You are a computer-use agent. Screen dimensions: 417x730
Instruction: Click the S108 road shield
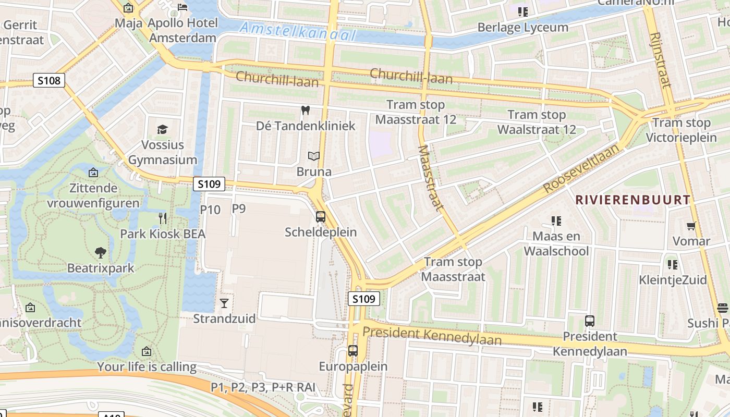point(50,80)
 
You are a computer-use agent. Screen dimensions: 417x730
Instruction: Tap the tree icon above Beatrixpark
point(101,253)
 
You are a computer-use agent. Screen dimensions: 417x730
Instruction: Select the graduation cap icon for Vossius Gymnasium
point(163,129)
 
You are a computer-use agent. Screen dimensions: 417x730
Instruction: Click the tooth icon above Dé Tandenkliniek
point(306,111)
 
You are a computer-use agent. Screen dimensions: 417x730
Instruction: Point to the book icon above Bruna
point(313,156)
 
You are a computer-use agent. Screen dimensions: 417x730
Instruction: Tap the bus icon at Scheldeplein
point(321,216)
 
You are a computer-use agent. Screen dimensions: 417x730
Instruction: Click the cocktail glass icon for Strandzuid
point(224,303)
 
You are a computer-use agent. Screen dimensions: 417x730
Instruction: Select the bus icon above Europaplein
point(353,350)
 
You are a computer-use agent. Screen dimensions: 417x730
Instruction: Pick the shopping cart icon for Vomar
point(691,226)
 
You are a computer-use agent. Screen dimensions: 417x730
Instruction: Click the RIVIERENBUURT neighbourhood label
point(632,200)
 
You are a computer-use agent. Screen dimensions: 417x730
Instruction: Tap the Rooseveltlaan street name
point(581,168)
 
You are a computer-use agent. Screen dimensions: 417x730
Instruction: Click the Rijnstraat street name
point(660,60)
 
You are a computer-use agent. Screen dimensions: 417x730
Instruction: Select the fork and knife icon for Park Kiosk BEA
point(163,218)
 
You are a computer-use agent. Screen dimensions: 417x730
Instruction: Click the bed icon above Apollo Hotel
point(182,7)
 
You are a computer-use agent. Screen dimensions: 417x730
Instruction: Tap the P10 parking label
point(210,210)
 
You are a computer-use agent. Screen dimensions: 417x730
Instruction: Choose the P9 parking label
point(238,208)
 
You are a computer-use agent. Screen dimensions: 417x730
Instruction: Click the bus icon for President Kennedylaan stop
point(590,321)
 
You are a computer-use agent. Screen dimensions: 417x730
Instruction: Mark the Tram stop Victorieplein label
point(682,130)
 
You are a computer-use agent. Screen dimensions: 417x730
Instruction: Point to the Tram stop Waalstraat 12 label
point(537,122)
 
